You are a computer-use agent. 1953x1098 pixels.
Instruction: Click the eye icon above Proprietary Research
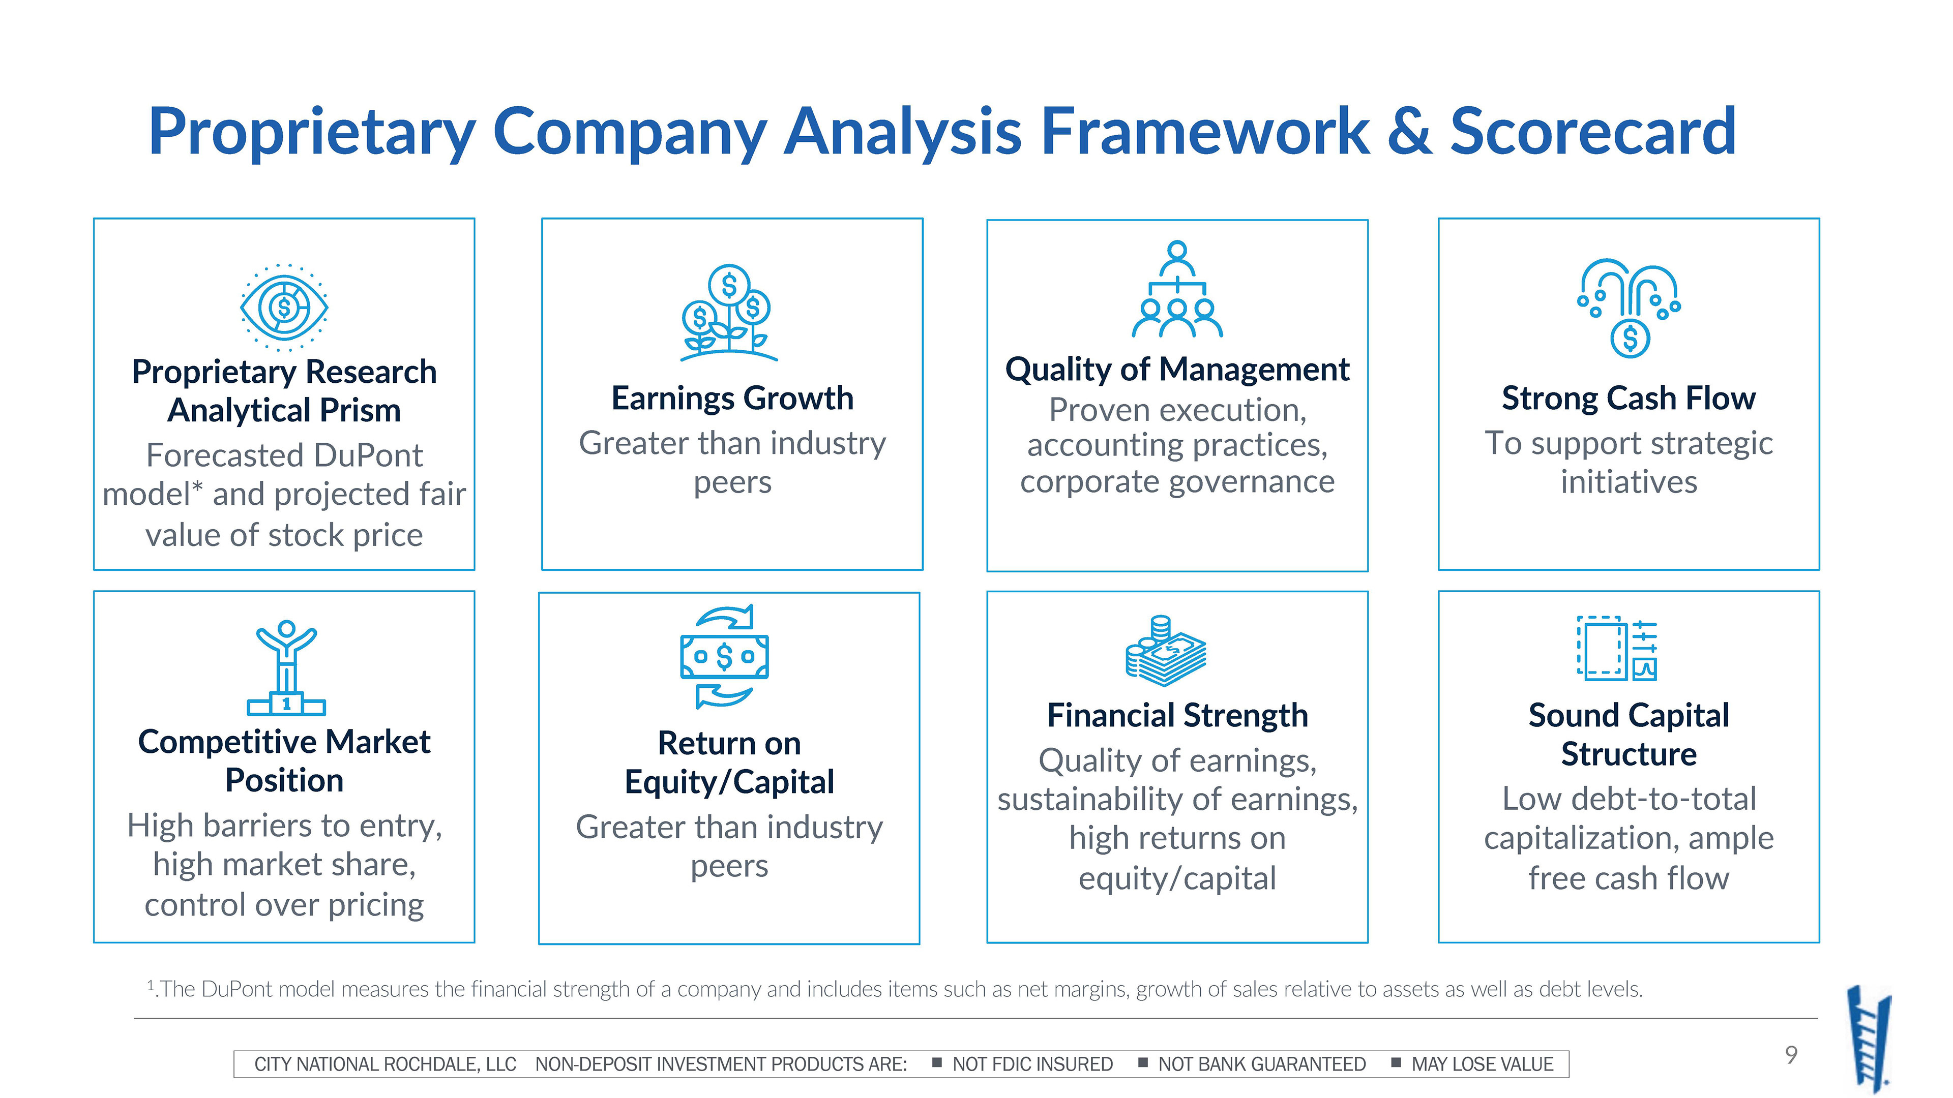284,307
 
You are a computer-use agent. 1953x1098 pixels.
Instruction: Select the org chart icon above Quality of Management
1177,289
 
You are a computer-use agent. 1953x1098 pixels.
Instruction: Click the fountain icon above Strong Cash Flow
1629,308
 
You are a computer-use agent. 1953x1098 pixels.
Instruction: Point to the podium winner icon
286,667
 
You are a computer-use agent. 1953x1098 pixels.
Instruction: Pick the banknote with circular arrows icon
724,656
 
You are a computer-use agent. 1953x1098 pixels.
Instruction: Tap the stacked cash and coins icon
1165,651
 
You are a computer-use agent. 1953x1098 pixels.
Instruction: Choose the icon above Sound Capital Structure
1617,649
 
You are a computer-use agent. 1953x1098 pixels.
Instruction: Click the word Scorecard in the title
1593,132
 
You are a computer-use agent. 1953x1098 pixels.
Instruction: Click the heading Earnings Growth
732,399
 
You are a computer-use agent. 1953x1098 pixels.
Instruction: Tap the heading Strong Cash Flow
1629,399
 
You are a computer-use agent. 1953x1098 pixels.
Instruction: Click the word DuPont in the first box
368,455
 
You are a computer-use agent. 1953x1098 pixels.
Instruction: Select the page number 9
1791,1054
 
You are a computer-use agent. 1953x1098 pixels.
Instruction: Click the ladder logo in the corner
1869,1038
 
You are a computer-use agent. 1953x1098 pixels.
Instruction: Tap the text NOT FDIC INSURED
1032,1064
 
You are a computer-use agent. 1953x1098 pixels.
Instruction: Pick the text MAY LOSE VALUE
1482,1064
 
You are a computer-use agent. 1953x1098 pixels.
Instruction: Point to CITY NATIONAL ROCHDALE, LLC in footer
385,1064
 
